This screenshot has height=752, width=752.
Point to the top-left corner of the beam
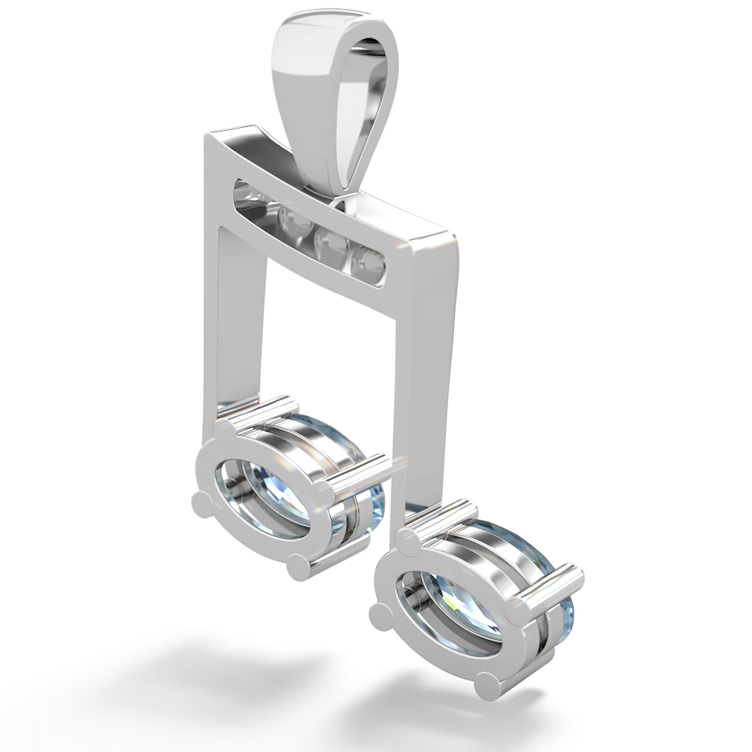205,135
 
